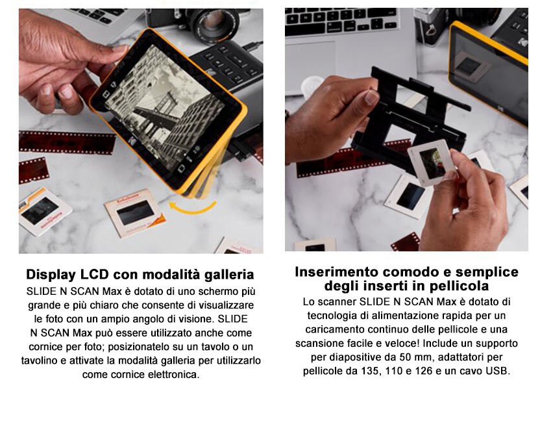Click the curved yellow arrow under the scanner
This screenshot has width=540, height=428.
point(192,209)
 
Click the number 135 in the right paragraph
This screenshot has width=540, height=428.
point(371,371)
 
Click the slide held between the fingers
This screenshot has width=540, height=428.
point(432,162)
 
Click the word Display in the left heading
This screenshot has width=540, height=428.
point(51,275)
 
